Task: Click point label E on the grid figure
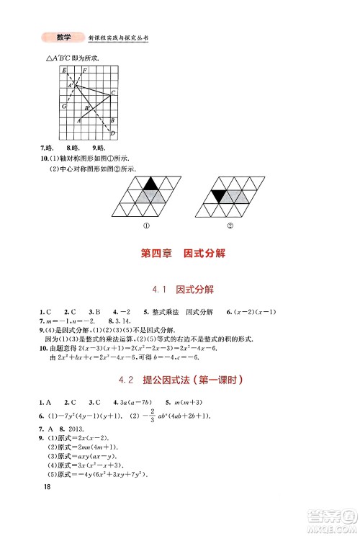pos(65,70)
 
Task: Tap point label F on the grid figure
pos(85,70)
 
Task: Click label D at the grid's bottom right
pos(112,133)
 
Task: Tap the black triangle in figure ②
pos(219,195)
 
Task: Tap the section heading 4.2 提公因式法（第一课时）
pos(180,380)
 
